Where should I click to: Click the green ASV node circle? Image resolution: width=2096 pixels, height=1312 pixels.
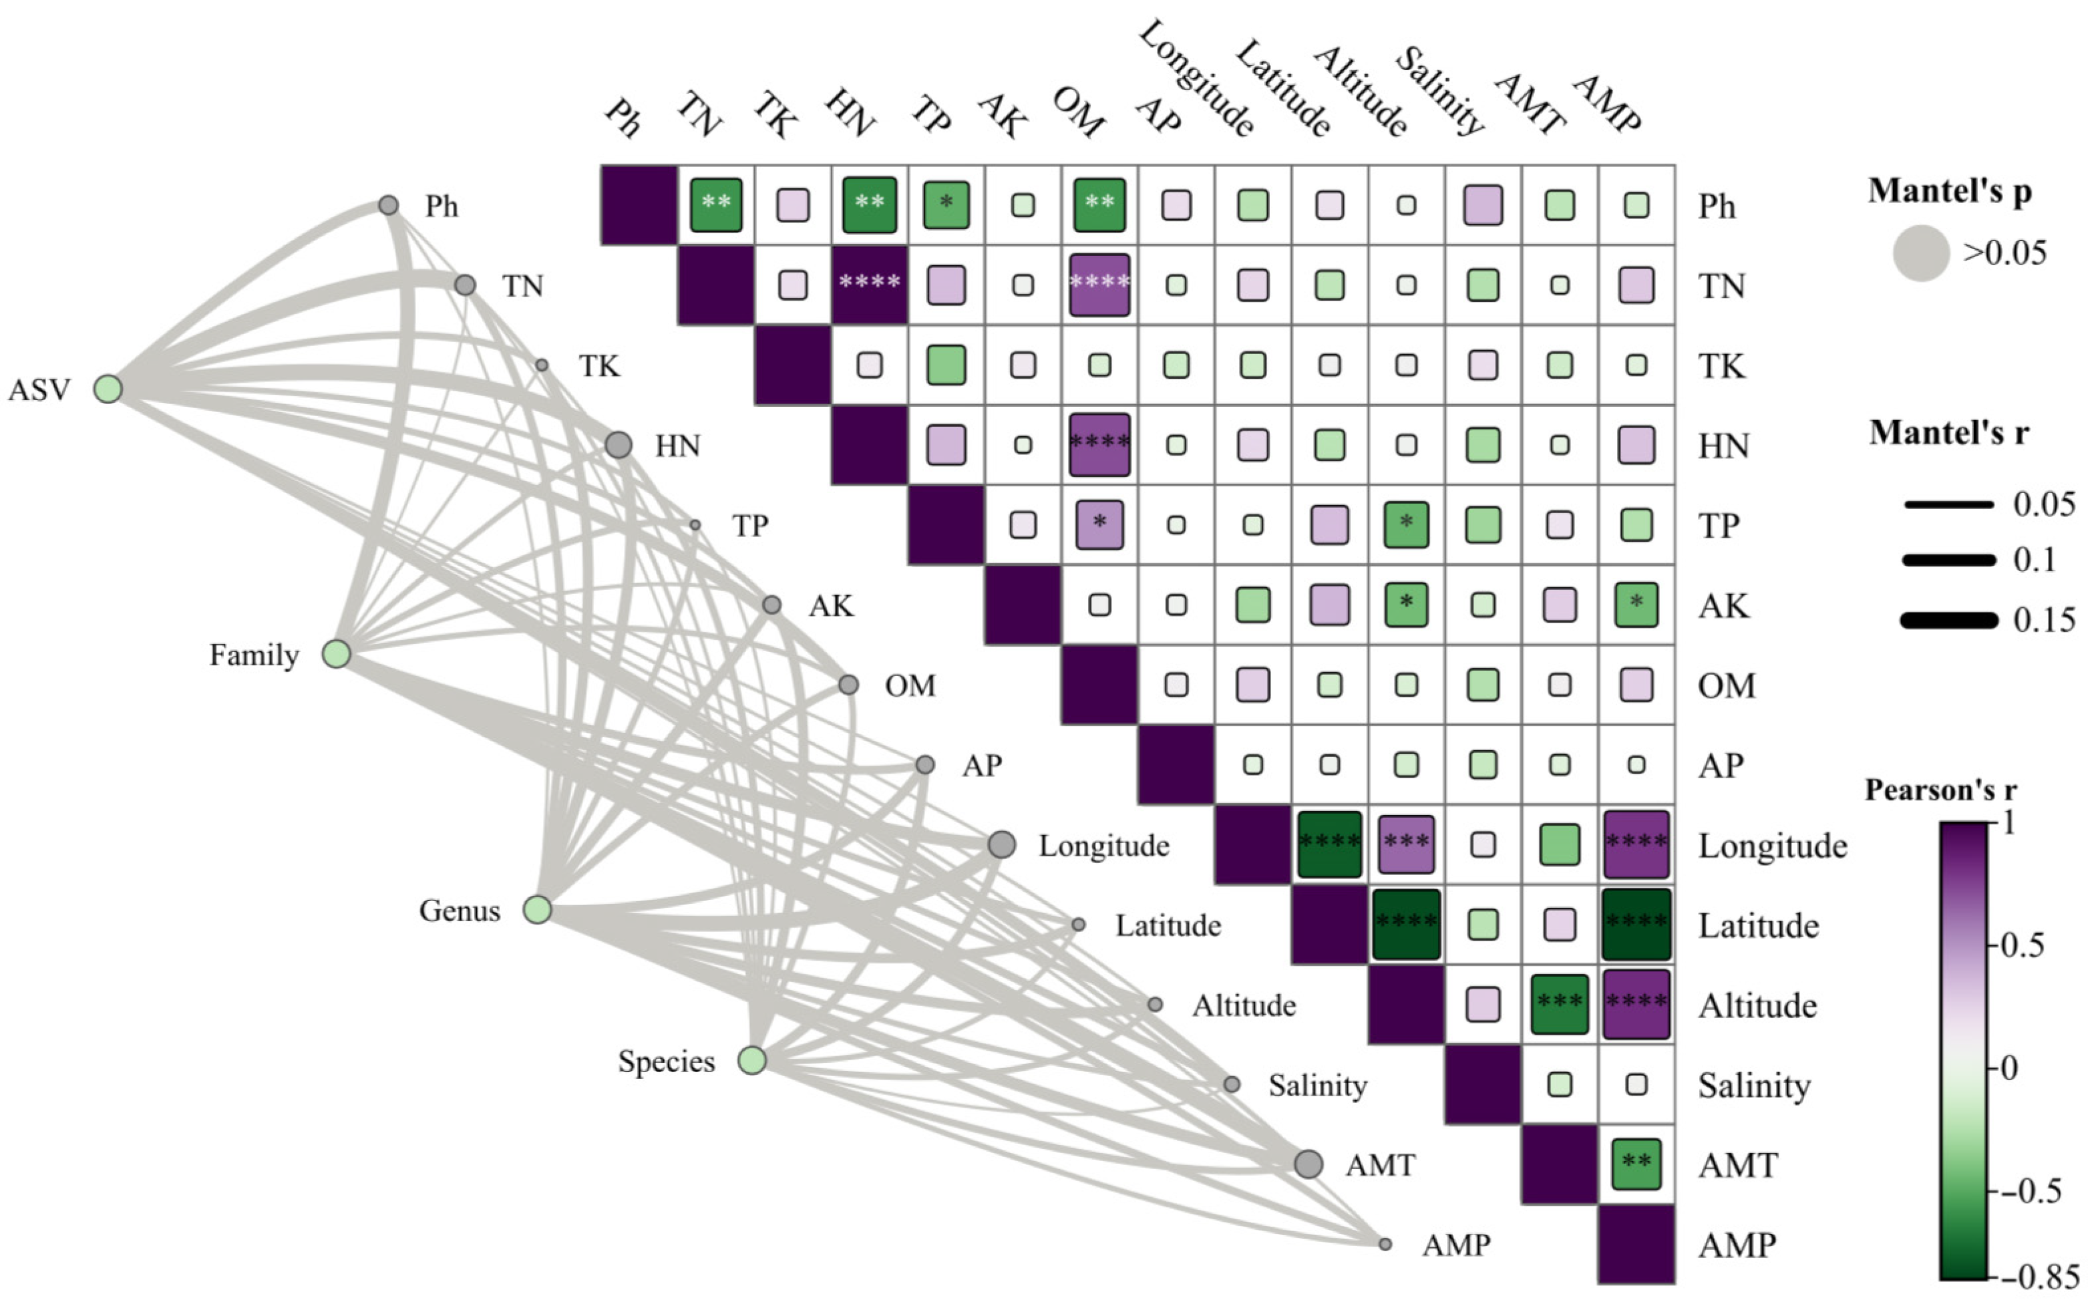108,389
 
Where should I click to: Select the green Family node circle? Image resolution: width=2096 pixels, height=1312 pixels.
336,653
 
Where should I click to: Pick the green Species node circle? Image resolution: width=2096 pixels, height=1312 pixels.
751,1059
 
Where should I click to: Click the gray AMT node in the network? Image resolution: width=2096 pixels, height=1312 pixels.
1308,1164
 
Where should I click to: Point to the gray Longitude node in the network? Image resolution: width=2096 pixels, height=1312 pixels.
1001,844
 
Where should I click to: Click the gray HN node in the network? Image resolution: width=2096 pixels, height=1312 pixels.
618,445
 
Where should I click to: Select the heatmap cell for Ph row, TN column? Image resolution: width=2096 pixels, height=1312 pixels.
716,205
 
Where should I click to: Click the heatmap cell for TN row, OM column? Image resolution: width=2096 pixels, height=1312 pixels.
1099,285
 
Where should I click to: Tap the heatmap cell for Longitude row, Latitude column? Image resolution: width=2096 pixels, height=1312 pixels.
1329,844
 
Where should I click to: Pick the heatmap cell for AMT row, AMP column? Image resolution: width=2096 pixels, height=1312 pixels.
1636,1164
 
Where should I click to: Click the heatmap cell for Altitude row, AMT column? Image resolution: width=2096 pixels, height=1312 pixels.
1559,1004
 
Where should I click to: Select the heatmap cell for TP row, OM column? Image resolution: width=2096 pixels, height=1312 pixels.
1099,524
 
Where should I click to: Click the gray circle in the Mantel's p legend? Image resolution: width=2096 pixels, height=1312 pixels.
1922,253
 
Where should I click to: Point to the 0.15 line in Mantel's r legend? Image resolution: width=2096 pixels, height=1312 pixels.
1948,619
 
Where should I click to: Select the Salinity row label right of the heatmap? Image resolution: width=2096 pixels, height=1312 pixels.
1754,1085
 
